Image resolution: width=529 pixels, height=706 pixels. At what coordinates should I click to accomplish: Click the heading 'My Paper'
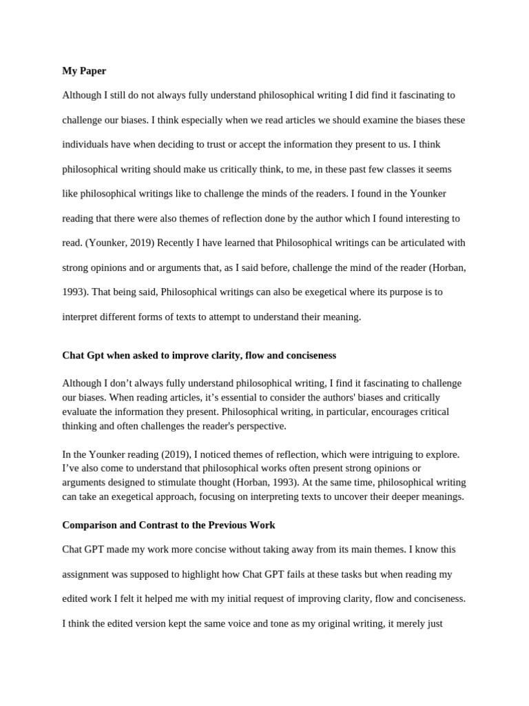pyautogui.click(x=84, y=70)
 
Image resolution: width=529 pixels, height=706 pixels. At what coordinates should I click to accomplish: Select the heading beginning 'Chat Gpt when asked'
pyautogui.click(x=199, y=355)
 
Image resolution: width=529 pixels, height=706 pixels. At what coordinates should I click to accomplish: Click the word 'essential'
pyautogui.click(x=240, y=397)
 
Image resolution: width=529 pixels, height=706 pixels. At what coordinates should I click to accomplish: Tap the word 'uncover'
pyautogui.click(x=366, y=497)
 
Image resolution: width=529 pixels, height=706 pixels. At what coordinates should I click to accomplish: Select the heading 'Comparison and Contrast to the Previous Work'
pyautogui.click(x=169, y=525)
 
